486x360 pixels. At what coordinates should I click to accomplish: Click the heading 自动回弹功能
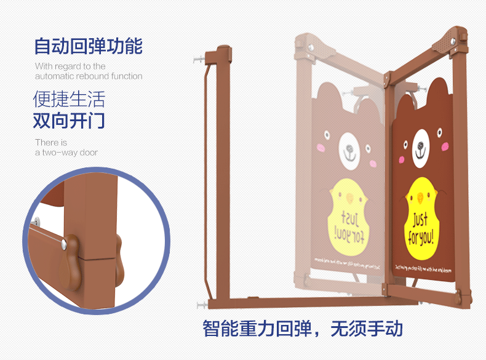(x=88, y=46)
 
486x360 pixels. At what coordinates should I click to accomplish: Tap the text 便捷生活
(x=69, y=98)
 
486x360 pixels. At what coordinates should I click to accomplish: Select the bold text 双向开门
(x=69, y=121)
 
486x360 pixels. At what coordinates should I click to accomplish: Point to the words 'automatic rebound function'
(x=89, y=76)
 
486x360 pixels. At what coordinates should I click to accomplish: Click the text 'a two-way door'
(x=66, y=153)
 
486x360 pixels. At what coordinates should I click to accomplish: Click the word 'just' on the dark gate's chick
(x=420, y=219)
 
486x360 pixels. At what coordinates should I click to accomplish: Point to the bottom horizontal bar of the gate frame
(x=295, y=302)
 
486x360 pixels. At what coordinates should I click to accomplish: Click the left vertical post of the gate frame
(x=211, y=178)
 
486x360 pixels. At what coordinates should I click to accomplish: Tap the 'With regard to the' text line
(x=70, y=66)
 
